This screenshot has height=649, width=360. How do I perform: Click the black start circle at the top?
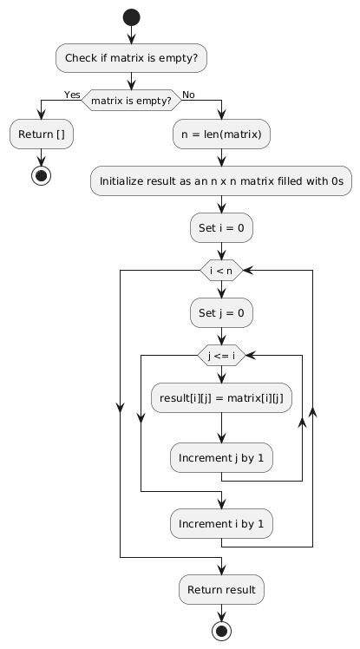tap(131, 17)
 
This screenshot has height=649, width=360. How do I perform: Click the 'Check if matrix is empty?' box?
tap(131, 59)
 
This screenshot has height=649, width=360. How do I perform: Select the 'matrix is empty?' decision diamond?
tap(131, 100)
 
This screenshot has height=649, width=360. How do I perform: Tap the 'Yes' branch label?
tap(71, 94)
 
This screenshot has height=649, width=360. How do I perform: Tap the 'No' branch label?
tap(188, 94)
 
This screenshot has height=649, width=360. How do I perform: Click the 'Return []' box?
tap(41, 134)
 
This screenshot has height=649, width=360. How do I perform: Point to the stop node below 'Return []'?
tap(41, 176)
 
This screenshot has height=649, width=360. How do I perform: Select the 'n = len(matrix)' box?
tap(222, 134)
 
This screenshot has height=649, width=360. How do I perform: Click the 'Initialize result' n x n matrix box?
tap(222, 181)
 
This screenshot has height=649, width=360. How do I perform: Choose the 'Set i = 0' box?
tap(222, 228)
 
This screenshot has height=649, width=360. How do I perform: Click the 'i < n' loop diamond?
tap(222, 270)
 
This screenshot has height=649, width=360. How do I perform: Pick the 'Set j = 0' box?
tap(222, 311)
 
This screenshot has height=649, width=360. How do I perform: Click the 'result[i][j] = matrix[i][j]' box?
tap(222, 396)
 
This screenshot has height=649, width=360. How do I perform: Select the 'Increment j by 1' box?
tap(222, 455)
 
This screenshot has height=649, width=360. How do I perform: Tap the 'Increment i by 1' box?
tap(222, 523)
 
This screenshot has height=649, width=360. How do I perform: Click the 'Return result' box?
tap(222, 589)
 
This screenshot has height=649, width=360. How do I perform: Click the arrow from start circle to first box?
tap(131, 35)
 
